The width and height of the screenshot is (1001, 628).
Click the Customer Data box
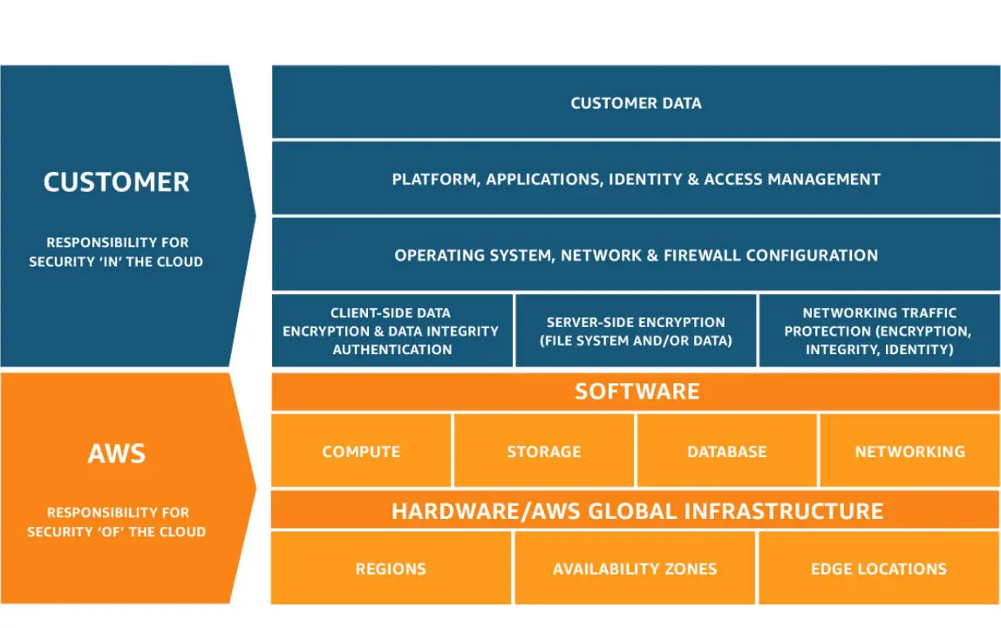point(636,102)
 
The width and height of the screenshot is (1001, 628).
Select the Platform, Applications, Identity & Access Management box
point(636,178)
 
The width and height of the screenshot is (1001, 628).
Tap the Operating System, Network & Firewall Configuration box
point(636,255)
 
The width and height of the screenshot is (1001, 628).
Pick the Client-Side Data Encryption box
point(392,331)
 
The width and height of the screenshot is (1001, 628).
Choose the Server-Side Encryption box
point(636,331)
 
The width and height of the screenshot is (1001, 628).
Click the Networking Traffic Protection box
point(880,331)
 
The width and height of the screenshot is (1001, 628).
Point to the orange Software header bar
point(636,391)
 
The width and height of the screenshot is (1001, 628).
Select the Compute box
point(361,450)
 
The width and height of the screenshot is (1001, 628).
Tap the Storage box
point(544,450)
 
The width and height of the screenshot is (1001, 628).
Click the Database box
point(727,450)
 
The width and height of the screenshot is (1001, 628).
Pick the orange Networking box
point(910,450)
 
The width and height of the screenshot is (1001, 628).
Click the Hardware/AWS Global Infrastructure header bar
point(636,509)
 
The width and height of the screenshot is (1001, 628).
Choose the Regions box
point(392,568)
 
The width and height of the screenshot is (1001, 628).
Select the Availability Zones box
point(635,568)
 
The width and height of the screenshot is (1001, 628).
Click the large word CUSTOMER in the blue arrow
point(116,182)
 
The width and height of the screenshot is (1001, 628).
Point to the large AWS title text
point(116,454)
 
